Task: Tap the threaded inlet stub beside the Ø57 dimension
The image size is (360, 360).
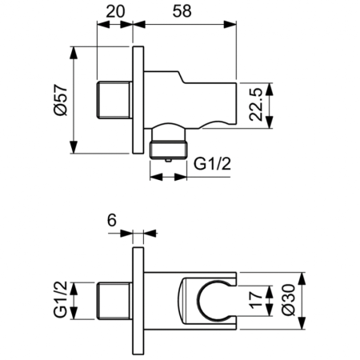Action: point(114,100)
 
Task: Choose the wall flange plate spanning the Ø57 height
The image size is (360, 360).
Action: point(138,100)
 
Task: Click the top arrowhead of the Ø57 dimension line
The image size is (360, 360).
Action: point(74,50)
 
